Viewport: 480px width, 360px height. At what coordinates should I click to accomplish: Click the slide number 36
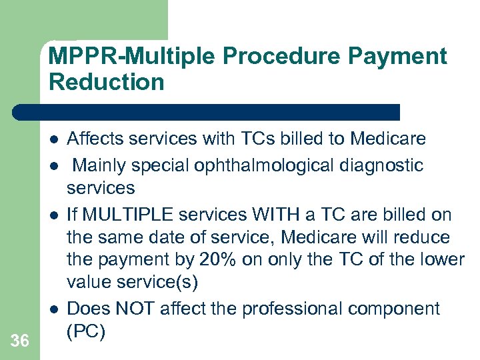[20, 341]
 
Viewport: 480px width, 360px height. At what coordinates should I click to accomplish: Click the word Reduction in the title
[106, 82]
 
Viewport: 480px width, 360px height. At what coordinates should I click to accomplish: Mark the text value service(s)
[133, 282]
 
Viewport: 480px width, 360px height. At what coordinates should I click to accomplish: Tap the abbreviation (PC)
[86, 331]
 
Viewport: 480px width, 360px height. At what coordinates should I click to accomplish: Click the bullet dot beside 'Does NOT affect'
[52, 308]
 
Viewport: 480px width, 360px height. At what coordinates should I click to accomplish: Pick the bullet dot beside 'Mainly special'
[52, 165]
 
